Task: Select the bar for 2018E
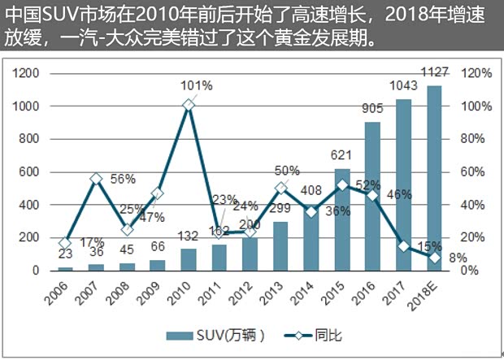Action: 434,178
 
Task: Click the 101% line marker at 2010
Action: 189,105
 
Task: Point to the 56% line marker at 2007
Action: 96,179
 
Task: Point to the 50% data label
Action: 287,171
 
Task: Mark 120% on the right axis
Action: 478,73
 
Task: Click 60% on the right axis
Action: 476,172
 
